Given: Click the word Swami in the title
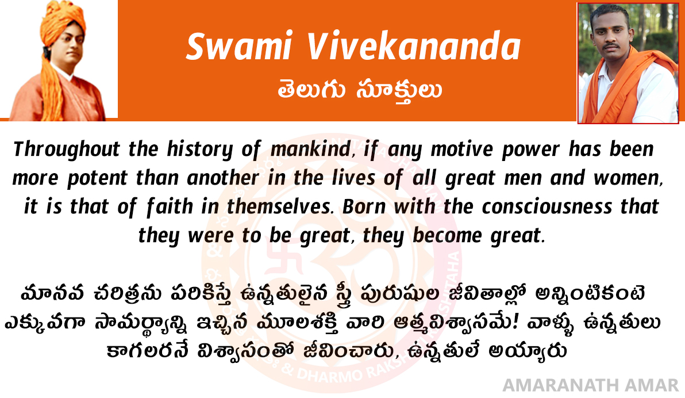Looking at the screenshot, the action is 239,47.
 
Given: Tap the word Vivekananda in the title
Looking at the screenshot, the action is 413,46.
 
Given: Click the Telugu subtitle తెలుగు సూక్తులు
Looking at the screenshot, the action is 360,90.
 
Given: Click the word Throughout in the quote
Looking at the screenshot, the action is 67,150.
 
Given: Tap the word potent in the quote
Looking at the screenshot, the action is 97,178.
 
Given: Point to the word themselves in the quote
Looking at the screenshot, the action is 278,206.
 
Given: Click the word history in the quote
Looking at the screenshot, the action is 200,150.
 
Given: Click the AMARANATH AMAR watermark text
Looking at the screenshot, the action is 591,385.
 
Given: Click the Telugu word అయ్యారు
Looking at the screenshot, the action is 528,351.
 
